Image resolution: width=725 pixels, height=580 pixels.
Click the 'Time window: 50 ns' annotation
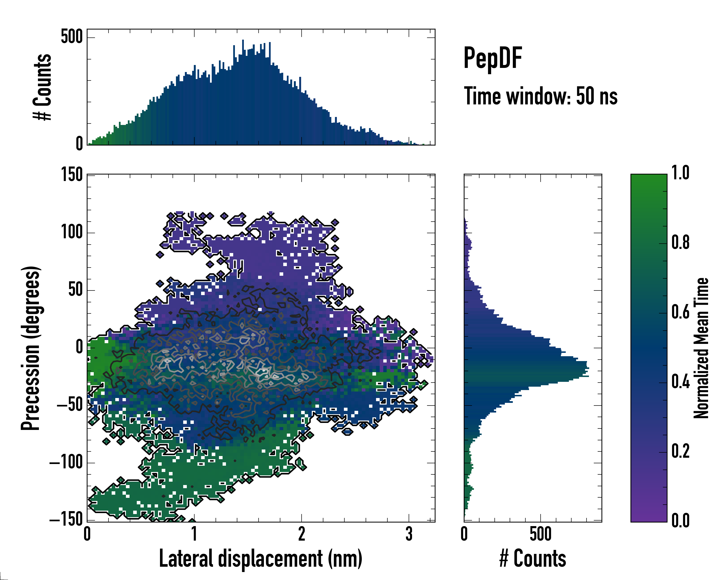[540, 96]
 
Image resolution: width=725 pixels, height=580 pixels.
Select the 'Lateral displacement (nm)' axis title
[261, 558]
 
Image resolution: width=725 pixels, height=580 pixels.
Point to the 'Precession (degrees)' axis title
[31, 348]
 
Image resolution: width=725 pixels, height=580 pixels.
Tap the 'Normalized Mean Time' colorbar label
[701, 348]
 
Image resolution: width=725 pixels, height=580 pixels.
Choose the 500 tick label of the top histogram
[72, 37]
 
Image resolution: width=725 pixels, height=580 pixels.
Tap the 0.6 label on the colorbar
[680, 312]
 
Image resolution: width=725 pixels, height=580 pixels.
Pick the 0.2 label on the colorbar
[680, 451]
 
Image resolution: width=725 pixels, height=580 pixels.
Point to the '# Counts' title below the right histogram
[533, 558]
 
